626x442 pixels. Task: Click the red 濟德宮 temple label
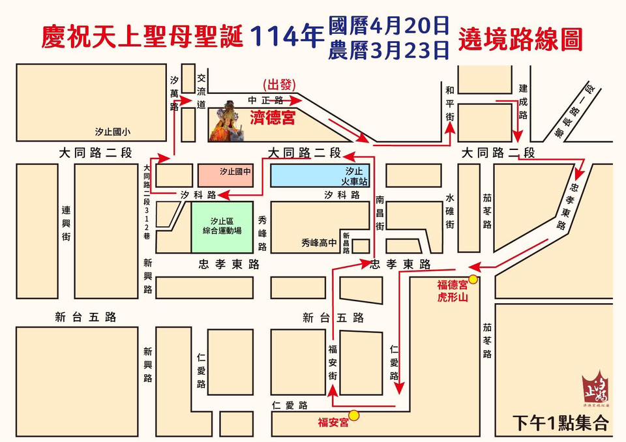(273, 117)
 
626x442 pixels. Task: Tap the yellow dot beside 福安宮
(354, 415)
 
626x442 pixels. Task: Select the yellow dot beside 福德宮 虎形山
(473, 280)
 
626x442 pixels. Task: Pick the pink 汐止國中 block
(226, 175)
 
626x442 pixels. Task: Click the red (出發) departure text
(280, 85)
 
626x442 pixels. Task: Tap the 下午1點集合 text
(560, 422)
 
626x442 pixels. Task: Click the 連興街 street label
(66, 224)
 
